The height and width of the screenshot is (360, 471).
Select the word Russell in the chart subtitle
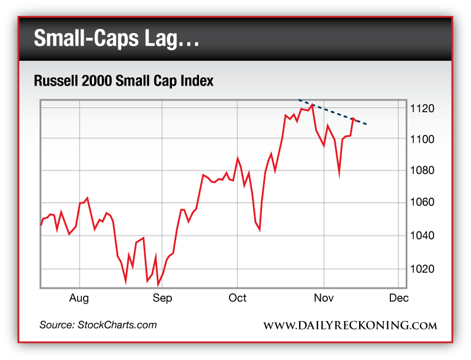(54, 81)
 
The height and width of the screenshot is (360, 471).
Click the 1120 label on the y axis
(423, 108)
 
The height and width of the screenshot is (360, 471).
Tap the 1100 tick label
(423, 139)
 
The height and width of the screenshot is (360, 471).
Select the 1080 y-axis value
(423, 171)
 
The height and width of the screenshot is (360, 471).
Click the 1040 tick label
(423, 235)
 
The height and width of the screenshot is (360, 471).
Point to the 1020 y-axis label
(423, 269)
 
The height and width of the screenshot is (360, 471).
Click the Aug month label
(79, 298)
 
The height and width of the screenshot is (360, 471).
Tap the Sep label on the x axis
(162, 298)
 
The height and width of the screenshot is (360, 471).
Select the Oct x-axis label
(237, 298)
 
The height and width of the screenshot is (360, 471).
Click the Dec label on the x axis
(399, 298)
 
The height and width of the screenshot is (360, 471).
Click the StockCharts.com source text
(98, 325)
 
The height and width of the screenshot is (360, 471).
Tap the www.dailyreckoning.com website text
(350, 326)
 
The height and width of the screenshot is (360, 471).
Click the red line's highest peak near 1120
(311, 105)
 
